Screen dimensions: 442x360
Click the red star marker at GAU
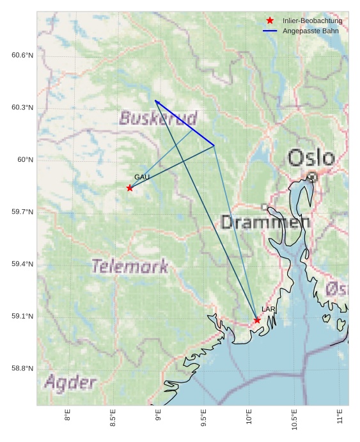pos(130,187)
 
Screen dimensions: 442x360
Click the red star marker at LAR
pos(257,320)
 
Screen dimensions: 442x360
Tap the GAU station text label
pos(142,177)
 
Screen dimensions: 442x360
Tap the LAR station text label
pos(269,310)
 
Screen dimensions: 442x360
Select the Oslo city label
pos(311,157)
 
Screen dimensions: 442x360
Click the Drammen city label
pos(265,222)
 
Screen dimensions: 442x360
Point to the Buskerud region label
pos(158,118)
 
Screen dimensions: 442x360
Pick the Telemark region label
pos(130,266)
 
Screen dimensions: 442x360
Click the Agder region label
pos(70,383)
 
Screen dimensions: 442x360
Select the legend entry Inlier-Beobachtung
pos(312,21)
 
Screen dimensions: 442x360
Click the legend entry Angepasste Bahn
pos(310,31)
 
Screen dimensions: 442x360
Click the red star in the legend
pos(270,21)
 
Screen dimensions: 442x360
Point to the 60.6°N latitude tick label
pos(22,56)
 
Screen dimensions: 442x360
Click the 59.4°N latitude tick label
pos(22,264)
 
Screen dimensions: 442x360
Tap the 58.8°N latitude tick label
pos(22,368)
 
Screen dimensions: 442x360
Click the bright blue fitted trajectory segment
pos(185,123)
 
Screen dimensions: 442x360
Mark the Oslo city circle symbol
pos(312,177)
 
